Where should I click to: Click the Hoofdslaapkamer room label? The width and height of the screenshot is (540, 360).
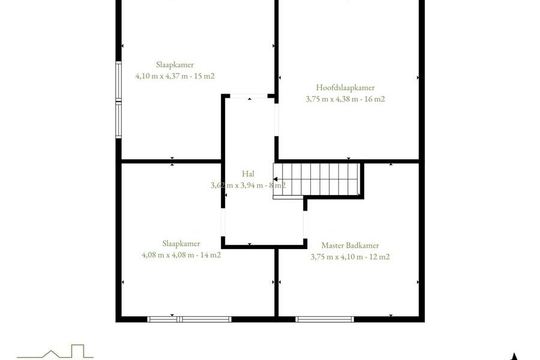tap(345, 88)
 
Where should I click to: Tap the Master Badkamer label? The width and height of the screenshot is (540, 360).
tap(350, 245)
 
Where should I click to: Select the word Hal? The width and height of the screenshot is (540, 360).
tap(248, 173)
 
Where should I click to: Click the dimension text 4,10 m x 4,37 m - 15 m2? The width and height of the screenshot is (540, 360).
tap(175, 76)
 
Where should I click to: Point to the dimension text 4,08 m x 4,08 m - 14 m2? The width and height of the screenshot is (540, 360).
tap(181, 255)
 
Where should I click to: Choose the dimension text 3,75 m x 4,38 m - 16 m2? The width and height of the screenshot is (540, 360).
tap(345, 99)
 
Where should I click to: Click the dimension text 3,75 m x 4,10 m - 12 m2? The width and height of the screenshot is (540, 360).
tap(350, 257)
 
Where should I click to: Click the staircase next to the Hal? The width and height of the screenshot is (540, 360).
tap(317, 180)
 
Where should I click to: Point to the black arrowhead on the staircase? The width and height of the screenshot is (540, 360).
tap(275, 179)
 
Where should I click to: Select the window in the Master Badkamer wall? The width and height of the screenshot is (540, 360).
tap(325, 319)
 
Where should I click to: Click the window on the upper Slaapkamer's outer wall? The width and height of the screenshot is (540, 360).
tap(118, 100)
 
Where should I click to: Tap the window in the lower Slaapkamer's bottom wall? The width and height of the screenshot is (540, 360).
tap(190, 319)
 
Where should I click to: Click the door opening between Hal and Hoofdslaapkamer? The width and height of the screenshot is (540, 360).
tap(276, 119)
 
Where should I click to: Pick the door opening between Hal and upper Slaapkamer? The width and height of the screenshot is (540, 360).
tap(248, 96)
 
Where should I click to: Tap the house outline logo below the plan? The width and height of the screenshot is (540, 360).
tap(55, 352)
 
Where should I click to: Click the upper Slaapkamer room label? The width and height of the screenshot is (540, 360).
tap(175, 64)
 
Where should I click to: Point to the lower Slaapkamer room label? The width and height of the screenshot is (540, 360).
tap(181, 244)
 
